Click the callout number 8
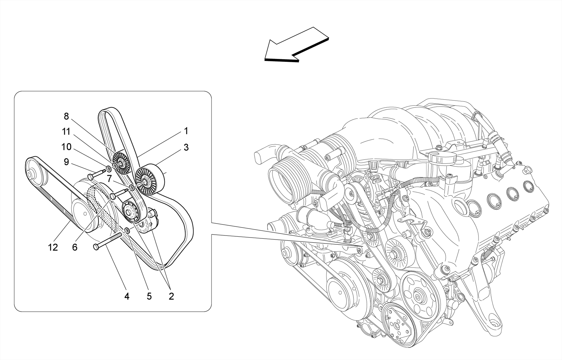(x=66, y=116)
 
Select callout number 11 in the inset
(x=66, y=132)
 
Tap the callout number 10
(x=66, y=147)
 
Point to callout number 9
(x=66, y=162)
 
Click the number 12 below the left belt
(x=53, y=247)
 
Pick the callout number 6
(x=75, y=247)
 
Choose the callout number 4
(x=127, y=296)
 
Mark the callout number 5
(x=149, y=296)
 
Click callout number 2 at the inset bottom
(x=171, y=296)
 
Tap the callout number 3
(x=186, y=147)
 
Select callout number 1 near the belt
(x=186, y=131)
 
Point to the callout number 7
(x=109, y=179)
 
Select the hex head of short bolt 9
(x=91, y=177)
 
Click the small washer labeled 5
(x=127, y=230)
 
